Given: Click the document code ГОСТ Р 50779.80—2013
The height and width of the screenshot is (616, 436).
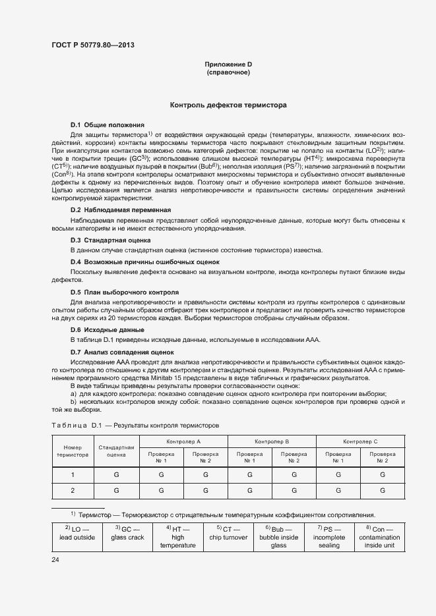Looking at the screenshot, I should [96, 45].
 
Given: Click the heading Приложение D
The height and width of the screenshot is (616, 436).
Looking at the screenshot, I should [228, 65].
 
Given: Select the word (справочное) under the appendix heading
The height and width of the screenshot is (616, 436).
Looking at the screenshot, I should [228, 72].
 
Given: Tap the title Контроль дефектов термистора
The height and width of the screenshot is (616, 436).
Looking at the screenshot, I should [228, 105].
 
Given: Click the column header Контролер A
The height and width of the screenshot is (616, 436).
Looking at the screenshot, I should [183, 441].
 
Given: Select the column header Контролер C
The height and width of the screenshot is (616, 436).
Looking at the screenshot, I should [360, 441].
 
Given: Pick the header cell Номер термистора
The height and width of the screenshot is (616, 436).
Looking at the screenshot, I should [73, 451].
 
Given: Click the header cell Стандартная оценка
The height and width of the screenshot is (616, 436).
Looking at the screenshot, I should [116, 451].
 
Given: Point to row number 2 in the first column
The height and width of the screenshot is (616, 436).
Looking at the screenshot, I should [73, 491].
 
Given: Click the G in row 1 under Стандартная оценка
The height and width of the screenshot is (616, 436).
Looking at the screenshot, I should [116, 474].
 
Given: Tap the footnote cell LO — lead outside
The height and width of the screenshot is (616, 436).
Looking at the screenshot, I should [79, 533].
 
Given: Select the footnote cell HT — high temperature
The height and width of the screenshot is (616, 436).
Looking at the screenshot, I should [177, 537].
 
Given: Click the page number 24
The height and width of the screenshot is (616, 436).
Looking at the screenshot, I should [55, 560].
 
